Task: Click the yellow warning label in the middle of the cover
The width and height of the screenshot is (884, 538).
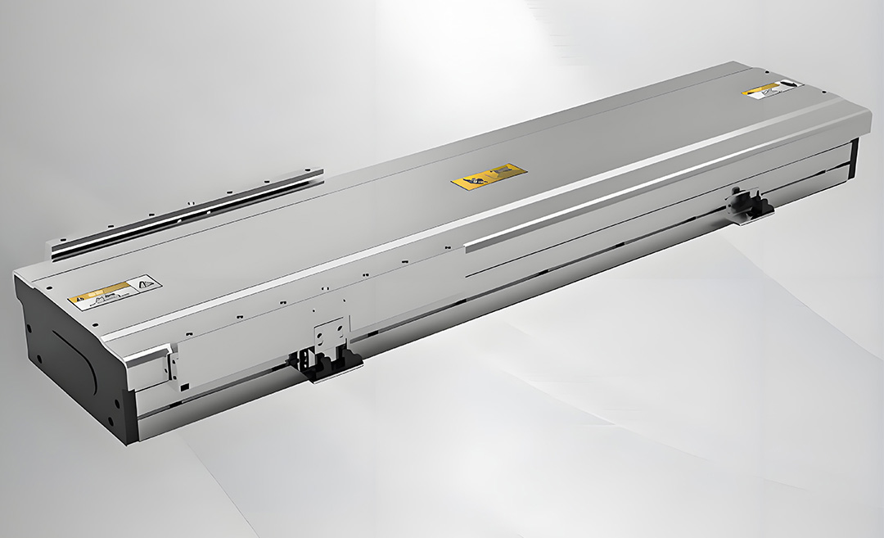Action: (489, 174)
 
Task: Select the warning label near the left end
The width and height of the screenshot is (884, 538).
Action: (115, 292)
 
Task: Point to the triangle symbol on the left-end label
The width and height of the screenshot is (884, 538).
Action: (148, 283)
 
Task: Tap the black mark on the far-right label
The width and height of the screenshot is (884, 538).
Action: (787, 84)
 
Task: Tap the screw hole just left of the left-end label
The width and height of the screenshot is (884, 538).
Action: (50, 287)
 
